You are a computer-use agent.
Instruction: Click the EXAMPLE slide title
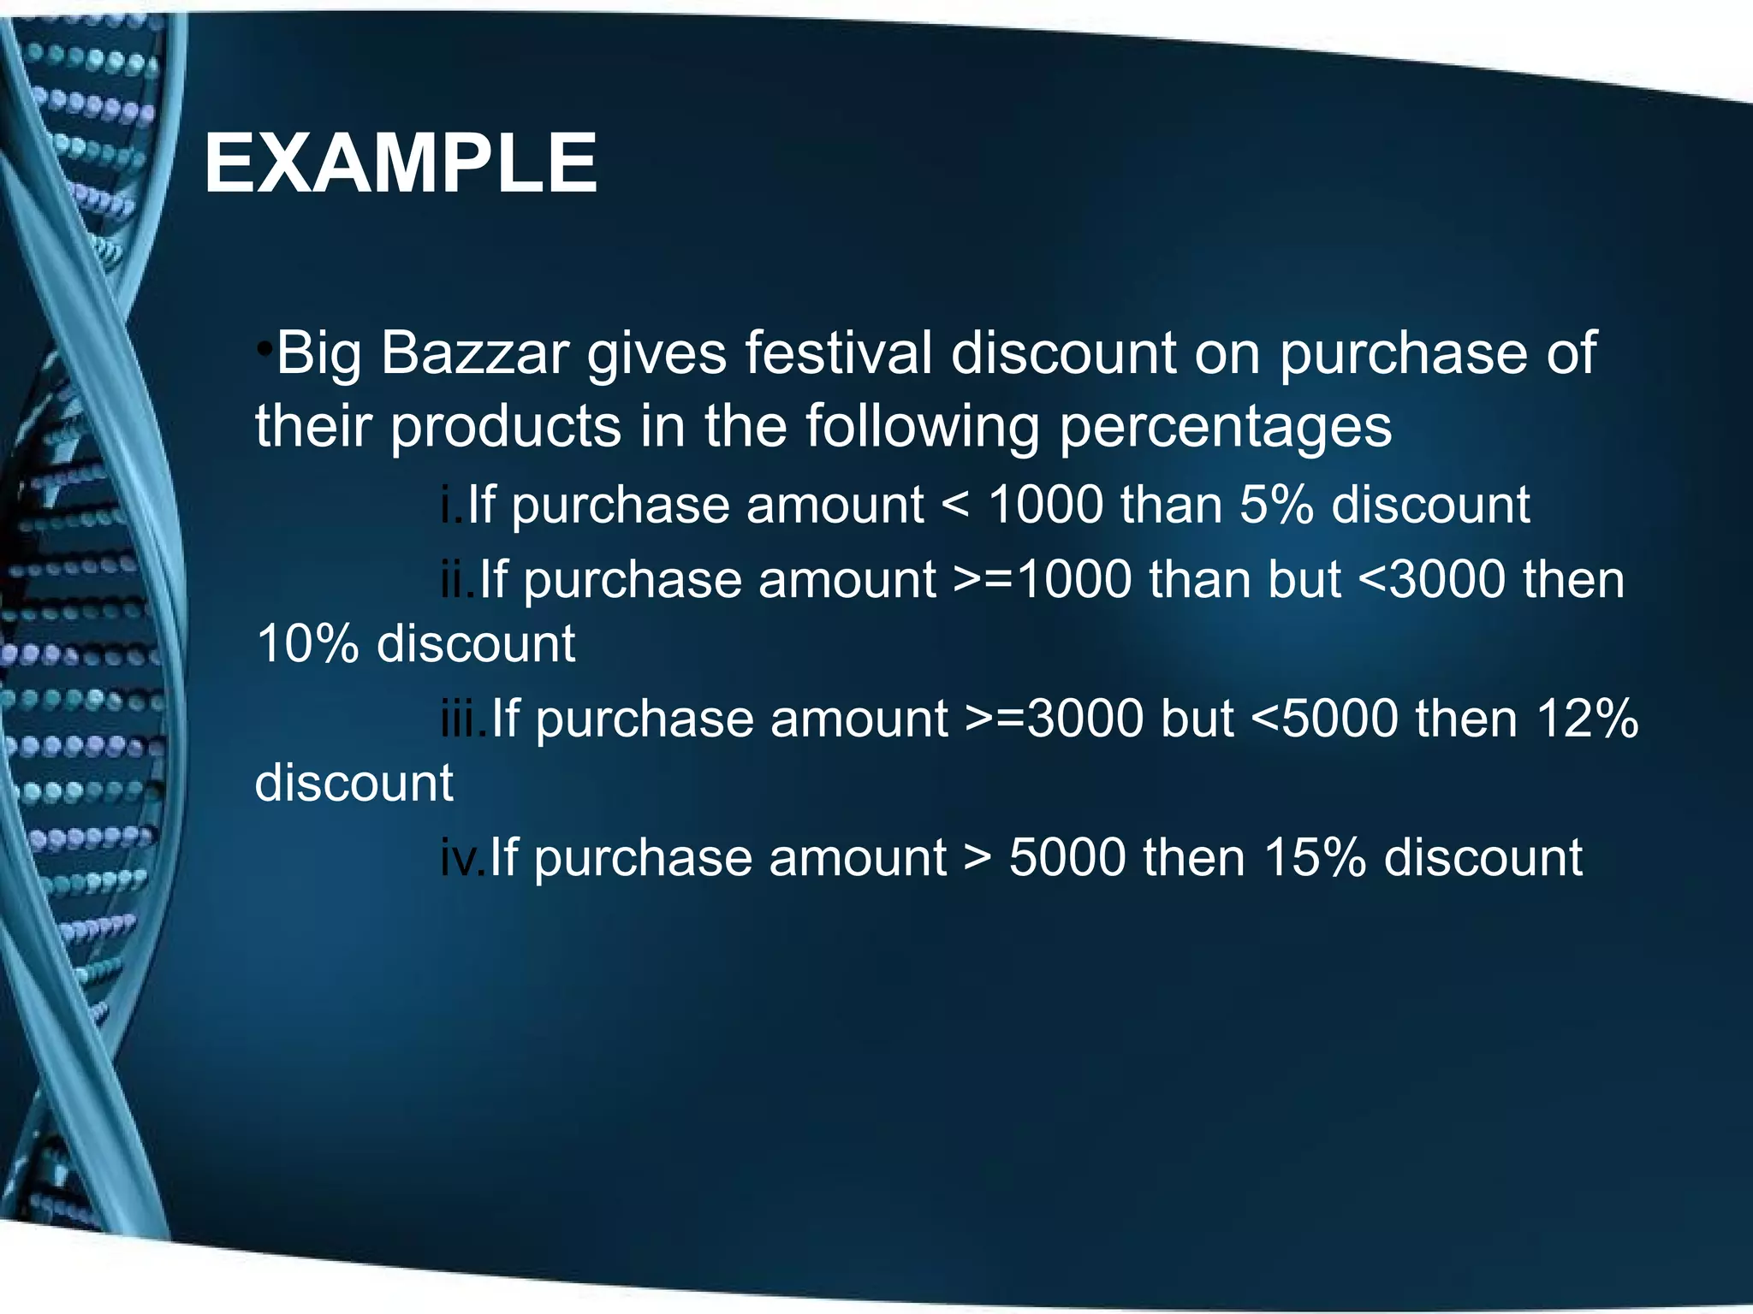[401, 163]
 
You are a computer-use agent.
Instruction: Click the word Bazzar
[475, 352]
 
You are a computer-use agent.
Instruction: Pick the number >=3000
[1055, 719]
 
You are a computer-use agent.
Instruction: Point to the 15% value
[1314, 857]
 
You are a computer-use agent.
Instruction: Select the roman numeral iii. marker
[464, 719]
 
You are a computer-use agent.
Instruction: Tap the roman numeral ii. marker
[458, 579]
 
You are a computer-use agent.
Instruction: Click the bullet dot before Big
[265, 349]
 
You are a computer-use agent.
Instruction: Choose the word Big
[318, 354]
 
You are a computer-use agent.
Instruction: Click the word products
[506, 426]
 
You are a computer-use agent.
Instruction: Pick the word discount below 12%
[354, 783]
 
